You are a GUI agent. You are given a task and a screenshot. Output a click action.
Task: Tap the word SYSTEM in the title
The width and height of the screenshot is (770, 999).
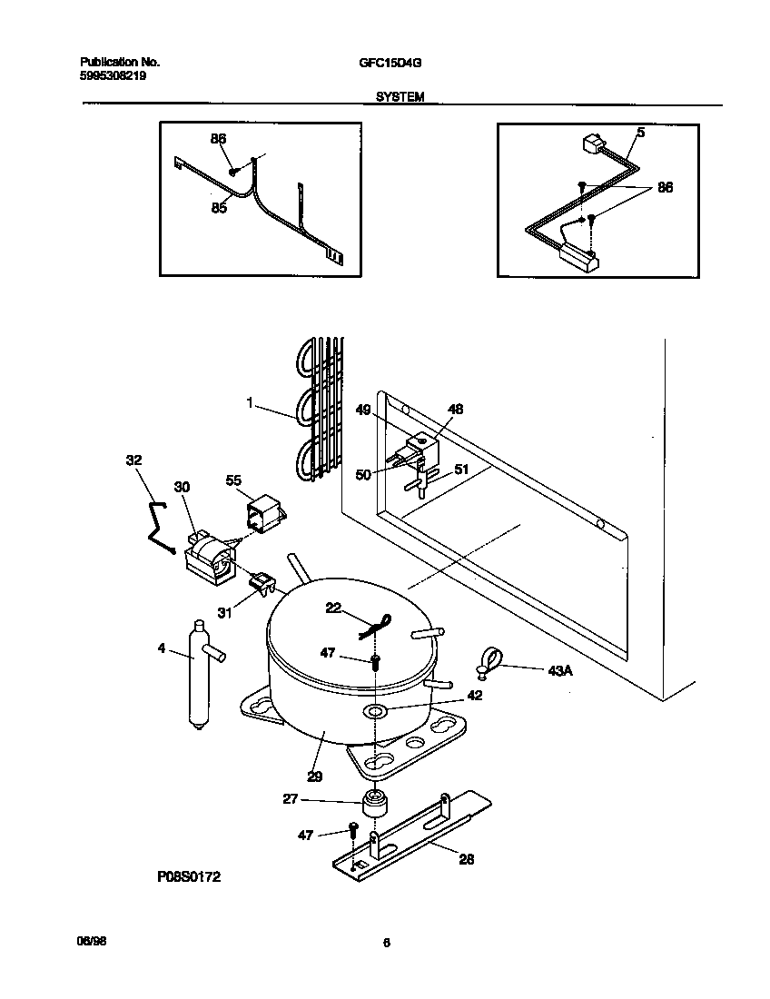pyautogui.click(x=400, y=95)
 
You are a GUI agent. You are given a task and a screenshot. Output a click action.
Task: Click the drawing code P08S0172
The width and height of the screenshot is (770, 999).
pyautogui.click(x=186, y=877)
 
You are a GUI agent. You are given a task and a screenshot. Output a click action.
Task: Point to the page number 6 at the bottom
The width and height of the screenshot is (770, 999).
pyautogui.click(x=386, y=944)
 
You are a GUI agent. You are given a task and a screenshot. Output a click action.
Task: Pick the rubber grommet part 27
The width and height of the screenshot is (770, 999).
pyautogui.click(x=373, y=805)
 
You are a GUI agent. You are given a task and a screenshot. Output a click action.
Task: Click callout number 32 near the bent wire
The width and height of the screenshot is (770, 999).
pyautogui.click(x=133, y=460)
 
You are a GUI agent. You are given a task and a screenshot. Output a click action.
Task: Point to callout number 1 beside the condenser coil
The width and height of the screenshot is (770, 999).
pyautogui.click(x=249, y=402)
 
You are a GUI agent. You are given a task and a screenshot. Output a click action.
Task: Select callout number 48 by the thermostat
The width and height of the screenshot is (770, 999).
pyautogui.click(x=456, y=410)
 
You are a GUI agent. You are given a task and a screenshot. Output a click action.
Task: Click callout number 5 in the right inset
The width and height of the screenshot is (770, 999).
pyautogui.click(x=640, y=133)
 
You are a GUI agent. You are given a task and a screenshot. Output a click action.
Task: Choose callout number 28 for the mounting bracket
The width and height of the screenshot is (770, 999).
pyautogui.click(x=466, y=858)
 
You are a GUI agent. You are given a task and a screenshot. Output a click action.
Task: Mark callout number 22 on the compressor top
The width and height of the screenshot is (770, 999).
pyautogui.click(x=333, y=608)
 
